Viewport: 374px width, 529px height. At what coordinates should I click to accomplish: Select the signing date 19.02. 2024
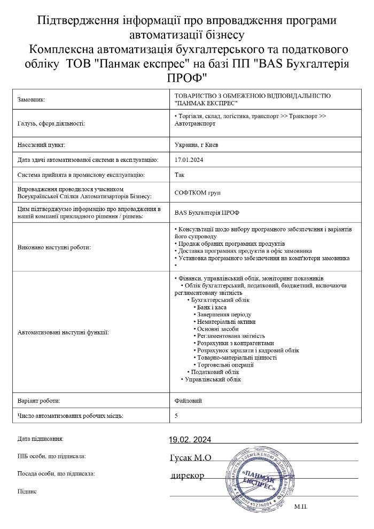190,440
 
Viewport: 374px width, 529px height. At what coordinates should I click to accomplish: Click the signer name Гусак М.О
190,457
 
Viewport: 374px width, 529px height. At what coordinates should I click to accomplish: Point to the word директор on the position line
188,475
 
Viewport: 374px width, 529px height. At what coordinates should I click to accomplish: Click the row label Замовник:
32,99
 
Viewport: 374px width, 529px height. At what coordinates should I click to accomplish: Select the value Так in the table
180,174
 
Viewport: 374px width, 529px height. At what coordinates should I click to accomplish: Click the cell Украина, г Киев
196,145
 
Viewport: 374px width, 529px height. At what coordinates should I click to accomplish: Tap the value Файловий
188,400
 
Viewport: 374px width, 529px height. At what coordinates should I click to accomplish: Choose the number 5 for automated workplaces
177,415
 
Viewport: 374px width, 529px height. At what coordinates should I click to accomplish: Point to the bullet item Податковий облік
215,371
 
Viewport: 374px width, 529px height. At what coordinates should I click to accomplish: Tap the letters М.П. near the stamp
301,505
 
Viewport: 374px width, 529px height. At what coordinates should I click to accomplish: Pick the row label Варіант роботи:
39,400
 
